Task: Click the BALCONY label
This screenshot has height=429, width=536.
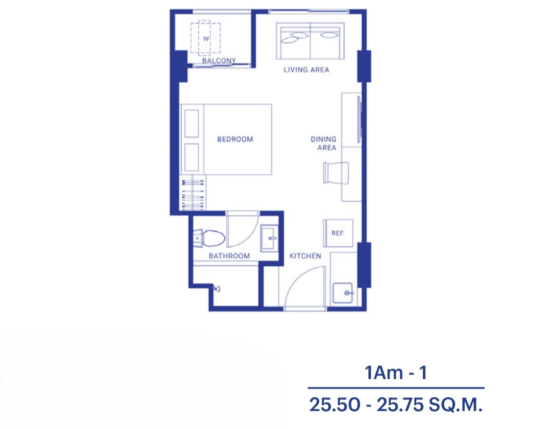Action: click(x=219, y=60)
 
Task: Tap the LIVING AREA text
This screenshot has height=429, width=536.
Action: click(x=306, y=70)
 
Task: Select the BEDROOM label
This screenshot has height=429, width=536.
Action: click(x=235, y=139)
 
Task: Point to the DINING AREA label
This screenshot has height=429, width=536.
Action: click(x=324, y=143)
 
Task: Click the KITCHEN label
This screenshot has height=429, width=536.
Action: click(x=305, y=256)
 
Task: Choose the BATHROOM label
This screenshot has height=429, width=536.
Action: click(x=229, y=256)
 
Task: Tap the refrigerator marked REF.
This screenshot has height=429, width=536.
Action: click(x=338, y=233)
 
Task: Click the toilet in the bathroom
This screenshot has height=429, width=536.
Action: click(x=209, y=238)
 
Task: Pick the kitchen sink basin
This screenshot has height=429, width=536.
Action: click(x=343, y=293)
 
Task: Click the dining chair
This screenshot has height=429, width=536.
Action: click(x=336, y=173)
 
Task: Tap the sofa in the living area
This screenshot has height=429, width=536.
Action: click(x=310, y=41)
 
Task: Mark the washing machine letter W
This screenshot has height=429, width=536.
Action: click(x=206, y=38)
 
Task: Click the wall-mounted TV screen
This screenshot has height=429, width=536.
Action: click(x=359, y=120)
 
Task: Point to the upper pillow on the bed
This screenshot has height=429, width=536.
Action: click(x=191, y=124)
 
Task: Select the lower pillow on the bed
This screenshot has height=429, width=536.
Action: click(x=191, y=157)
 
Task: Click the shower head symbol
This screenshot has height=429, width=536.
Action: click(x=217, y=289)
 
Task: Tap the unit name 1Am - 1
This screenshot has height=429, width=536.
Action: click(x=396, y=373)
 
